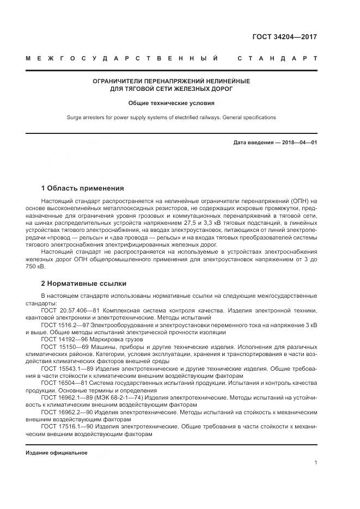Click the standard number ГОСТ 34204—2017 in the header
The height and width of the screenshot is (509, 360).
[x=284, y=38]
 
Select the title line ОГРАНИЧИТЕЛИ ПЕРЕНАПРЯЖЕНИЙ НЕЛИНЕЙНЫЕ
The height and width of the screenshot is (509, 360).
[x=171, y=81]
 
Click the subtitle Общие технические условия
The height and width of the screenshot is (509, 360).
[x=171, y=102]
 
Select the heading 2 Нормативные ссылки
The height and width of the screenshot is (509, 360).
[x=84, y=284]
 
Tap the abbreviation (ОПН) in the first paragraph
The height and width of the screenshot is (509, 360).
[x=297, y=201]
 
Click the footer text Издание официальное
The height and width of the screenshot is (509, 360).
[x=56, y=452]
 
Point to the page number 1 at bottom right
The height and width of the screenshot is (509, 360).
[x=316, y=463]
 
